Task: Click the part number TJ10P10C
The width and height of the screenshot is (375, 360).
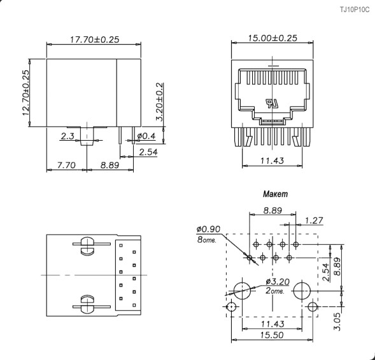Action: point(353,9)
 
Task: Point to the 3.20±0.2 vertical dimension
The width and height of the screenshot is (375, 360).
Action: point(159,102)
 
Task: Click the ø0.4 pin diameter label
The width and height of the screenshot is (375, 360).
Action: point(146,136)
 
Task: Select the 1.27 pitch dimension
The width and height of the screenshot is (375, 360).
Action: point(313,220)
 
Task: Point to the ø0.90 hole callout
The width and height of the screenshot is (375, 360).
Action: point(208,229)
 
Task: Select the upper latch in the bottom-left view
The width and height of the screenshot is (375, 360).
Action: point(85,247)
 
